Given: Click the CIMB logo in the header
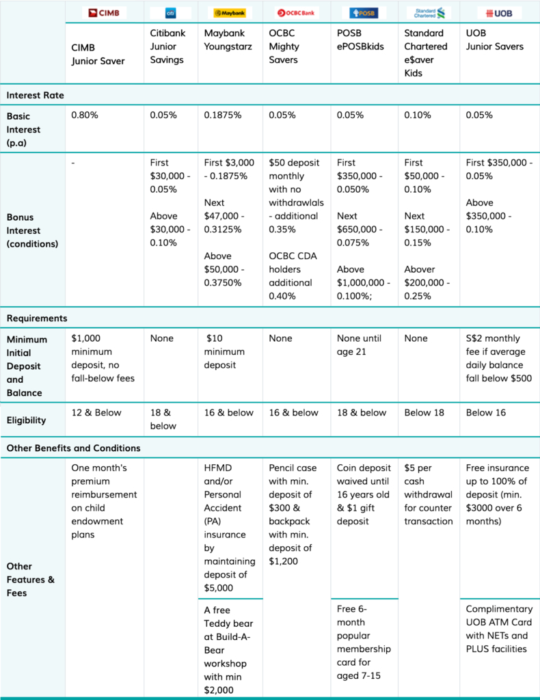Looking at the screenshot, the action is point(104,13).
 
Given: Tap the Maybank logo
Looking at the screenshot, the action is point(230,13).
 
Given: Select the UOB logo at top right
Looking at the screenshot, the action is point(499,14).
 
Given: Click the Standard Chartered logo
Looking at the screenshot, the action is point(429,13).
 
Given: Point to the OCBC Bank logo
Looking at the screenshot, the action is point(296,13).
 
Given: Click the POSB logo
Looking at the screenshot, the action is point(363,13).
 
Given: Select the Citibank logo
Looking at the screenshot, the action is point(170,13).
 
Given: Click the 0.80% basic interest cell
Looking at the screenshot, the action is point(85,115).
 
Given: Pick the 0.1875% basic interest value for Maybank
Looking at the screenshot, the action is point(223,115).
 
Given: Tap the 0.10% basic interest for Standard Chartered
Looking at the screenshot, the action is point(418,115).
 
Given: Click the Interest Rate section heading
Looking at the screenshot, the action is point(36,95).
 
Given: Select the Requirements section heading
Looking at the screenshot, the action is point(37,319).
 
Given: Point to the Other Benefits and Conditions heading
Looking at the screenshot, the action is point(74,448).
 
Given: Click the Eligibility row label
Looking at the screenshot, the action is point(27,420).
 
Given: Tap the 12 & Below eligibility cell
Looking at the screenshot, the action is point(96,412).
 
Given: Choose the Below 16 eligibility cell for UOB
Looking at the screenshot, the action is point(486,412).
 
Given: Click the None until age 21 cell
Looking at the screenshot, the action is point(360,345).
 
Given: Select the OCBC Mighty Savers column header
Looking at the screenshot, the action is point(284,46).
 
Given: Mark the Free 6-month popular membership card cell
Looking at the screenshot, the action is point(364,643).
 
